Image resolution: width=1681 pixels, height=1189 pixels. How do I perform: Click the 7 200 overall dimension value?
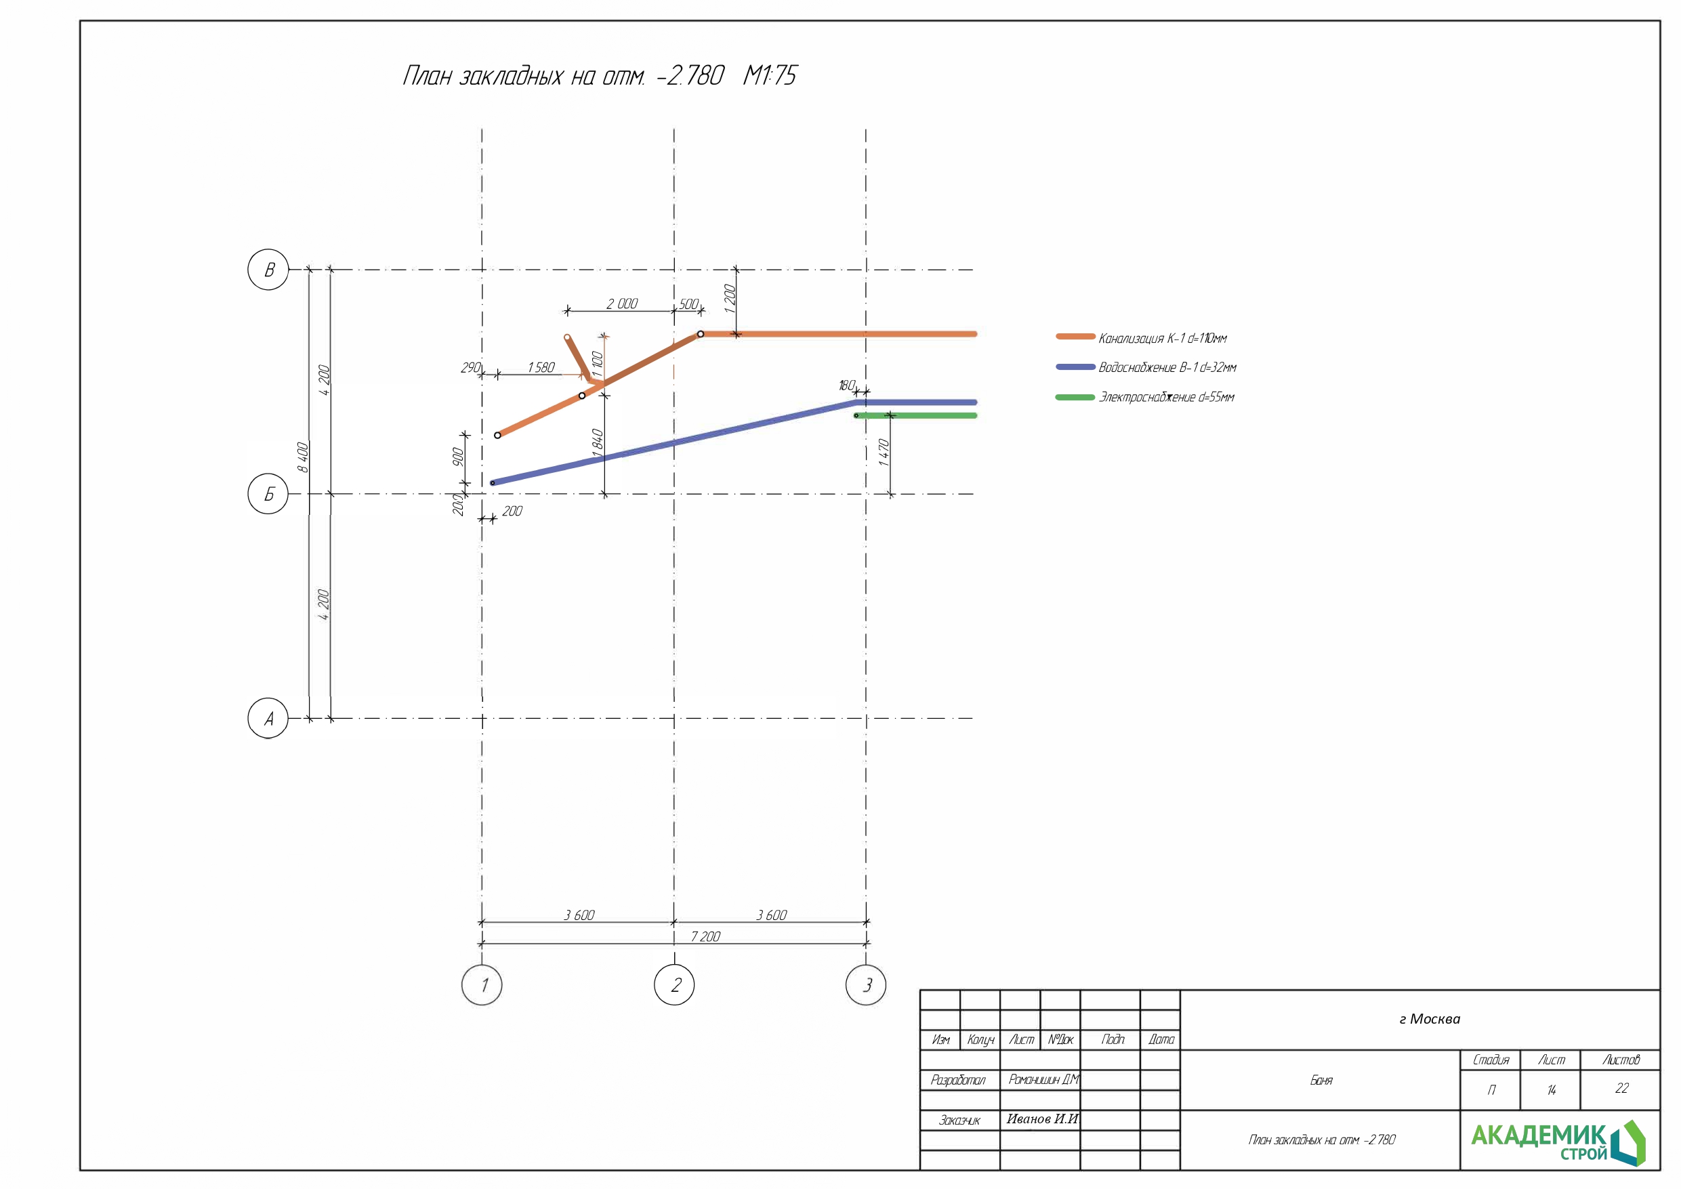(x=706, y=936)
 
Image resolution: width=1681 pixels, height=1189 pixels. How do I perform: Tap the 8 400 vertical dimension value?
(x=302, y=457)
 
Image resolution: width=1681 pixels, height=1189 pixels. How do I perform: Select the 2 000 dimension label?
(x=622, y=303)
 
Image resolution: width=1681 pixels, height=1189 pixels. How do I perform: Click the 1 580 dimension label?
(x=541, y=367)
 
